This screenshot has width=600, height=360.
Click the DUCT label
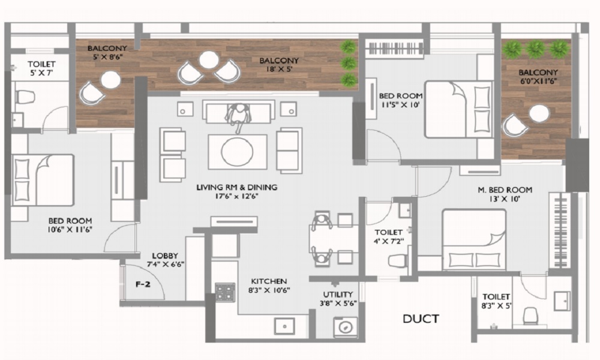pos(421,319)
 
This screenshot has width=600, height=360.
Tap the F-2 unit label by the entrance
pos(143,284)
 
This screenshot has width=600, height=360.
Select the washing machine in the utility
pos(346,328)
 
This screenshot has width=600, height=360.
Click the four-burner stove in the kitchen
pos(225,293)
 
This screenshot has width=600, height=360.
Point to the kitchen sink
pos(284,326)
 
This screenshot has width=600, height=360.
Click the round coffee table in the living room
pos(237,151)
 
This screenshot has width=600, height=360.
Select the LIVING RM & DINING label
pos(237,187)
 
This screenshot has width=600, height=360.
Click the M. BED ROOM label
pos(505,190)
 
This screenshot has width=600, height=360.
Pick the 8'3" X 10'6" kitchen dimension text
pos(269,290)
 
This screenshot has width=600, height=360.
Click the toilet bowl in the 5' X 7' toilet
pos(25,97)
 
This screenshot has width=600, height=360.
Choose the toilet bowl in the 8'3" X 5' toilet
pos(530,316)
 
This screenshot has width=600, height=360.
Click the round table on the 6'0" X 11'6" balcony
pos(539,113)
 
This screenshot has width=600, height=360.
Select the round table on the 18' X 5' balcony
pos(209,60)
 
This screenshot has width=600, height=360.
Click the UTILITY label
pos(338,295)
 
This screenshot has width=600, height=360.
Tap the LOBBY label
pos(165,256)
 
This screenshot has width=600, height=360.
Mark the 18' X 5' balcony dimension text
pos(279,69)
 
